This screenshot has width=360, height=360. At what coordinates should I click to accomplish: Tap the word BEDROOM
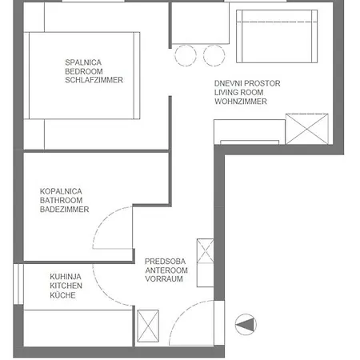coord(86,70)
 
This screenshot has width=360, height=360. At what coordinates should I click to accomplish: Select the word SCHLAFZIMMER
coord(94,80)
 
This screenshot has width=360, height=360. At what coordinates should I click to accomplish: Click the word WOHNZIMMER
coord(240,103)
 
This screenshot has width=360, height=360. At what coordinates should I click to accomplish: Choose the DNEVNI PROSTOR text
coord(246,83)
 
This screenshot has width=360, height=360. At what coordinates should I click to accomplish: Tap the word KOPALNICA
coord(60,190)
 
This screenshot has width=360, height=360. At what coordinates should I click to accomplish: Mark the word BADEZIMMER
coord(64,210)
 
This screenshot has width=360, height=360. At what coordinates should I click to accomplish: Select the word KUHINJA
coord(63,276)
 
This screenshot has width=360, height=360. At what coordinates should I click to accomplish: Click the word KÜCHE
coord(62,295)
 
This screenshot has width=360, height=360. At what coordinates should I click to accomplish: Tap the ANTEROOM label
coord(166,270)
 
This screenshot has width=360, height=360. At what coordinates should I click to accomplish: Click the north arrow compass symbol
coord(246,324)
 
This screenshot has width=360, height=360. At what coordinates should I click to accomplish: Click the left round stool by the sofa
coord(186,55)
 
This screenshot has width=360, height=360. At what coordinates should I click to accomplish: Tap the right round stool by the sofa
coord(213,55)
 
